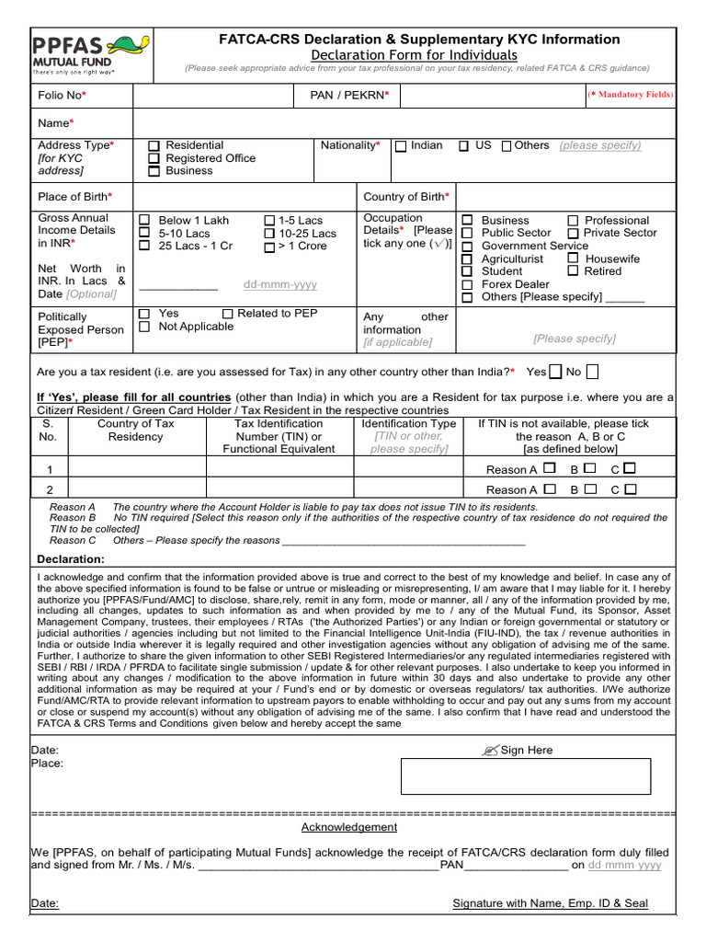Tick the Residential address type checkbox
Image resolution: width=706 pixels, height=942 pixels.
point(154,146)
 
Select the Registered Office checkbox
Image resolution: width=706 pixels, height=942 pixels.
point(154,159)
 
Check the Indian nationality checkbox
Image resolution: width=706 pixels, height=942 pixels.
point(401,146)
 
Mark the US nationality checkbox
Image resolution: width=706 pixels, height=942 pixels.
point(464,146)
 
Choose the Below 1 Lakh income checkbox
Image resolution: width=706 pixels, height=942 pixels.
point(144,220)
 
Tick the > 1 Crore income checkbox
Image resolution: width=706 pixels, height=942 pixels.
point(268,247)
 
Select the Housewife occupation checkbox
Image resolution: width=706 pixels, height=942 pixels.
point(573,258)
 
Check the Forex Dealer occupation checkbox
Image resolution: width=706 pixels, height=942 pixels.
point(467,284)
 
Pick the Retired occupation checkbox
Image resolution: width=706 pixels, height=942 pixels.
point(573,271)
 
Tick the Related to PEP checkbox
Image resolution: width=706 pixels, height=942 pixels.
point(228,314)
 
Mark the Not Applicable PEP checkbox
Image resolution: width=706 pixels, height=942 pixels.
point(144,327)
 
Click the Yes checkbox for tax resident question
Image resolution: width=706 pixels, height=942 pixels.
point(555,372)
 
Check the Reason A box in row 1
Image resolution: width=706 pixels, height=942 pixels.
point(549,468)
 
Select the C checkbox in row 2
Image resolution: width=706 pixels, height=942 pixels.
point(630,489)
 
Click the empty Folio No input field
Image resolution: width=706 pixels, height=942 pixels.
point(211,95)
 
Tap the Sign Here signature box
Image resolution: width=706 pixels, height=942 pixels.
point(525,776)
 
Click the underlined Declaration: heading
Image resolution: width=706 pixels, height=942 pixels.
point(71,559)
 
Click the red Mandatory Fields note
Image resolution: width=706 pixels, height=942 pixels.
point(630,95)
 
